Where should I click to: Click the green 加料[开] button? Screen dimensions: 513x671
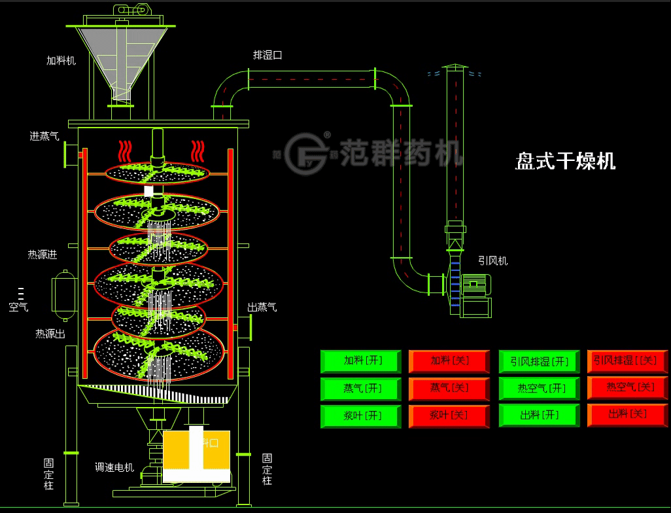[362, 361]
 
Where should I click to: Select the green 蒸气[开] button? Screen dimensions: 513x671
[362, 388]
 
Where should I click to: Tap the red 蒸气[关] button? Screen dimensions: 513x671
[449, 388]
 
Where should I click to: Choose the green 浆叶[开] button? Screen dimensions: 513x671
[362, 416]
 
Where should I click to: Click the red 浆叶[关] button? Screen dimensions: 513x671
[449, 416]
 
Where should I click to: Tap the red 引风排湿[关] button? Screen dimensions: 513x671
[628, 361]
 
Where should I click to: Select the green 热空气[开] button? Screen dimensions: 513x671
[540, 388]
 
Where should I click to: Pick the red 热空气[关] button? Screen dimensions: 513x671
[628, 387]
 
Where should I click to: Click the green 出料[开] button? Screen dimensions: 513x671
[540, 415]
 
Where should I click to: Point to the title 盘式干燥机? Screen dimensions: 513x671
[565, 161]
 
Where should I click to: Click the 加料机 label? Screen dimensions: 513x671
[61, 61]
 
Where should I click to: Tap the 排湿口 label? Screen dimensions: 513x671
[267, 55]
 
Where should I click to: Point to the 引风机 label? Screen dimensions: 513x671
[492, 261]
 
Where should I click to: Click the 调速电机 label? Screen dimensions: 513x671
[114, 467]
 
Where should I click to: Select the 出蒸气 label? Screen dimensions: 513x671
[262, 307]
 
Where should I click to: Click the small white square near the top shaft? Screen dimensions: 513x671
[148, 190]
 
